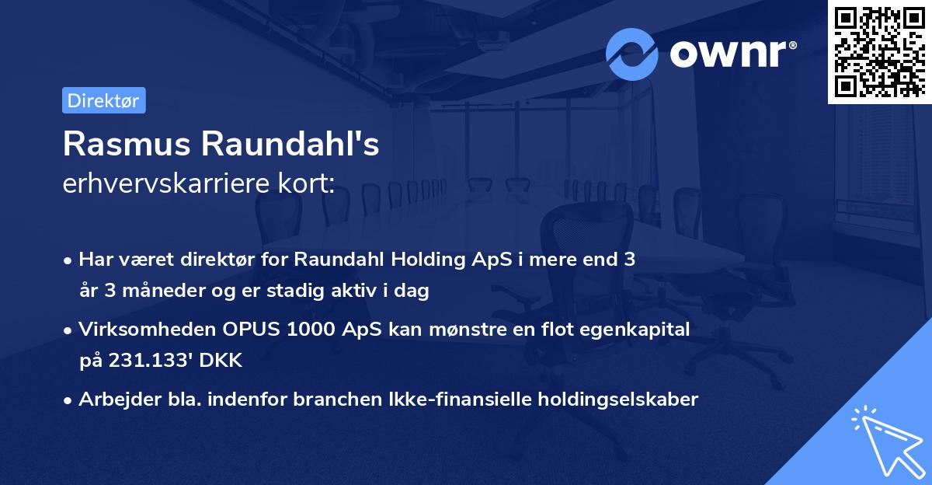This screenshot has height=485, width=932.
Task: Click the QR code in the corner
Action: (x=879, y=51)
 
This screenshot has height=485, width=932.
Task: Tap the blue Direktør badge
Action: (x=103, y=100)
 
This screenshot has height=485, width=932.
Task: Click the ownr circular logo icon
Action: (x=632, y=54)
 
